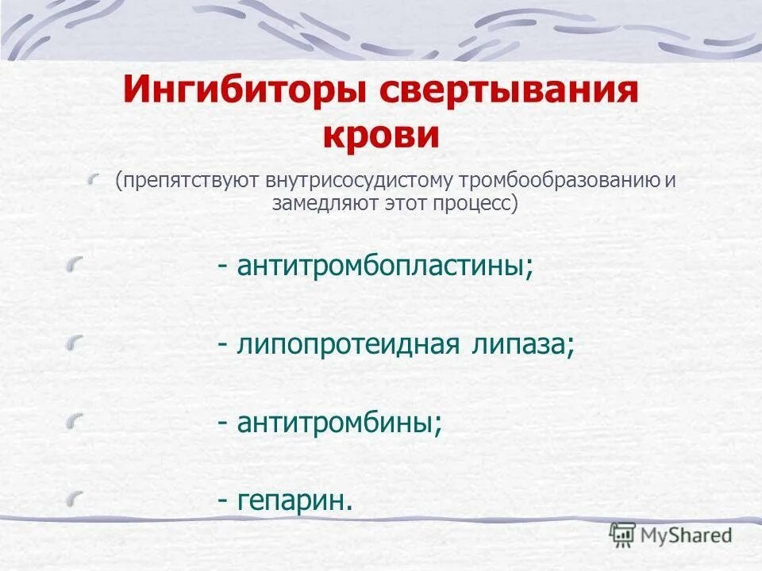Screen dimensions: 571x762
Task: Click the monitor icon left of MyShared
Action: click(x=621, y=533)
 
